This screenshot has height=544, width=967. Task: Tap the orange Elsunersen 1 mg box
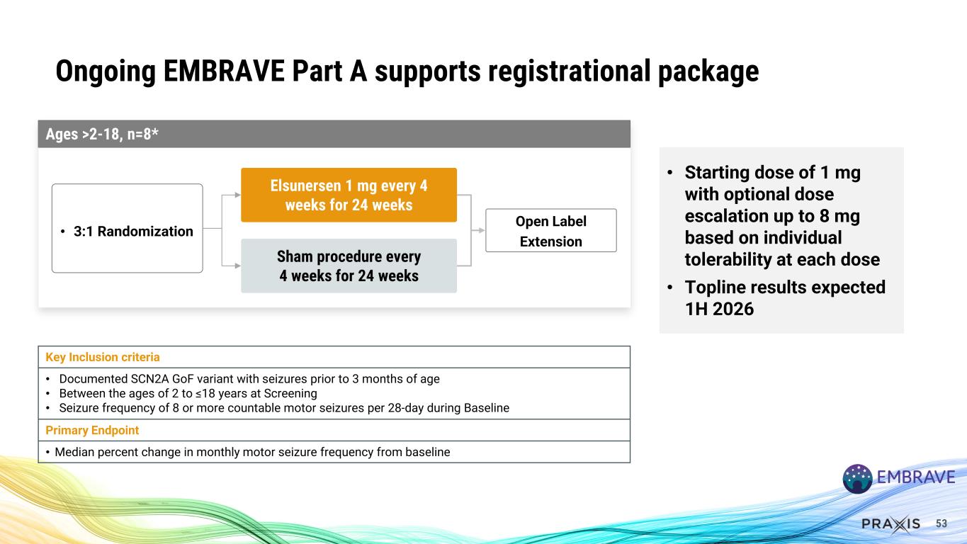[349, 195]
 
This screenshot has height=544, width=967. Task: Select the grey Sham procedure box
[349, 266]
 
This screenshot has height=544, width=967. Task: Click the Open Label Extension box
[550, 231]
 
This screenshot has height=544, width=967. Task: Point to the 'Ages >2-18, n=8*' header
[98, 135]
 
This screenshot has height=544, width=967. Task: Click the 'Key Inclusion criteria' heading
[103, 357]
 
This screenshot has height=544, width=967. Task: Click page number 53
[941, 523]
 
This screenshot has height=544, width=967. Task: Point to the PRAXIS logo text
[890, 524]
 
